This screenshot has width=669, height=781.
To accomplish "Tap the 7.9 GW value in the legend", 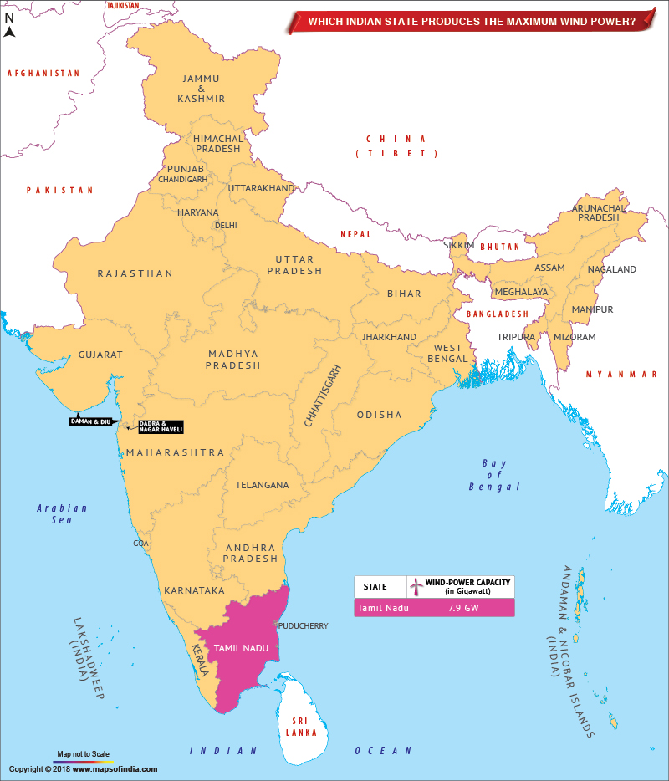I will pos(462,608).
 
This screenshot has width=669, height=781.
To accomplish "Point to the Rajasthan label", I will pos(135,273).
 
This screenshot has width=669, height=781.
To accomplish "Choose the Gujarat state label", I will pos(100,355).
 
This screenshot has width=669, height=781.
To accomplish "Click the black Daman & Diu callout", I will pos(90,421).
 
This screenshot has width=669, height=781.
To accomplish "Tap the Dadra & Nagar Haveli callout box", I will pos(160,426).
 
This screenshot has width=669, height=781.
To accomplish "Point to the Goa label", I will pos(140,544).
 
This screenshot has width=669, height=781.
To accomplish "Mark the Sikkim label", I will pos(458,245).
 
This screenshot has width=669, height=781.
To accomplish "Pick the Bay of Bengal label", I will pos(494,475).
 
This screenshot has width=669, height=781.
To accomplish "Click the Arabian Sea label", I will pos(62,513).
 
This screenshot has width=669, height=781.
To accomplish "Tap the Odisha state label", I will pos(379,415).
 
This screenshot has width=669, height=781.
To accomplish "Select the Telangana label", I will pos(262,485).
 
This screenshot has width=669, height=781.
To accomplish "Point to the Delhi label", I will pos(226,225).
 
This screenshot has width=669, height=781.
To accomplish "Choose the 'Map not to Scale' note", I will pos(83,754).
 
